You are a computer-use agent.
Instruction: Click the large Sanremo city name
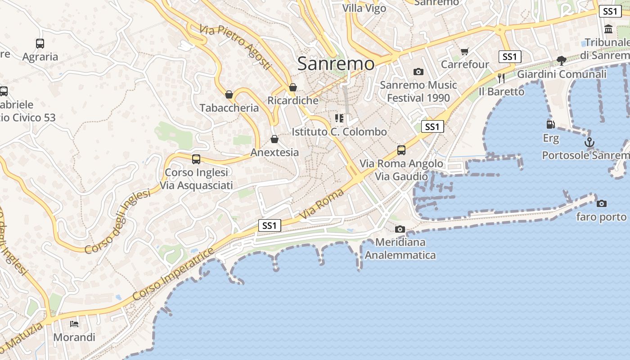[x=336, y=63]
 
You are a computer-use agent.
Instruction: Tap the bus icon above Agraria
[x=40, y=44]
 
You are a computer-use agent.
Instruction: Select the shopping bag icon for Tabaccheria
[x=229, y=94]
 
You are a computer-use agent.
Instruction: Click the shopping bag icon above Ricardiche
[x=293, y=87]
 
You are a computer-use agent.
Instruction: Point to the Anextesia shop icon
[x=274, y=139]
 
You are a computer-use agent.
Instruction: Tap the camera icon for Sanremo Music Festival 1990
[x=418, y=72]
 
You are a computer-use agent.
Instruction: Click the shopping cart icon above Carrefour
[x=465, y=52]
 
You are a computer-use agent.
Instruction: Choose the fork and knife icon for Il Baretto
[x=501, y=78]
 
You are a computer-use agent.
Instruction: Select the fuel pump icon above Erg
[x=550, y=125]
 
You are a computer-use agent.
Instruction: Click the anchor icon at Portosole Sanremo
[x=589, y=142]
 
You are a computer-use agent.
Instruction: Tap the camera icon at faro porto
[x=601, y=204]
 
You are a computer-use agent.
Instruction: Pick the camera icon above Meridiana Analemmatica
[x=400, y=229]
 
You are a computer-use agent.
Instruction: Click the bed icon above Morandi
[x=74, y=324]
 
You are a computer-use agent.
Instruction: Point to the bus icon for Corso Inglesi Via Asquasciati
[x=196, y=159]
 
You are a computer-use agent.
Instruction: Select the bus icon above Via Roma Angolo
[x=401, y=150]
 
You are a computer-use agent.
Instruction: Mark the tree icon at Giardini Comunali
[x=561, y=61]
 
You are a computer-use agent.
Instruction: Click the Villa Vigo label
[x=364, y=8]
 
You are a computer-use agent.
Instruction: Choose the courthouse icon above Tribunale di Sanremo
[x=609, y=29]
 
